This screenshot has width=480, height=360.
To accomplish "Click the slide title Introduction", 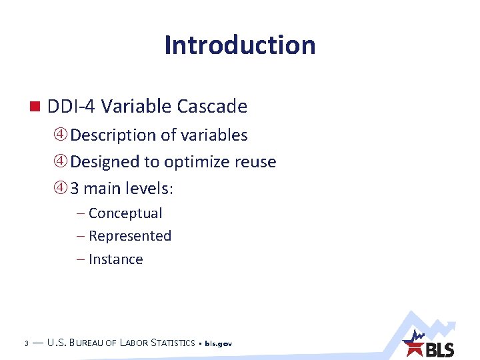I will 240,45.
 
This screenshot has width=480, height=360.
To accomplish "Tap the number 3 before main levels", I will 75,189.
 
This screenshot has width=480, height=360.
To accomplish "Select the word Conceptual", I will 125,213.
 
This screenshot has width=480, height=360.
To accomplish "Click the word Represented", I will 130,236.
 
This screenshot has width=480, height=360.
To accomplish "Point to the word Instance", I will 115,259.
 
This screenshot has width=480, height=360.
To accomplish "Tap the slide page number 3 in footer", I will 25,344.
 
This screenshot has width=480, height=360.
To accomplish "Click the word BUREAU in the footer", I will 93,343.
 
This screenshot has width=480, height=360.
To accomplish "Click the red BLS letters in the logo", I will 440,349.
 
